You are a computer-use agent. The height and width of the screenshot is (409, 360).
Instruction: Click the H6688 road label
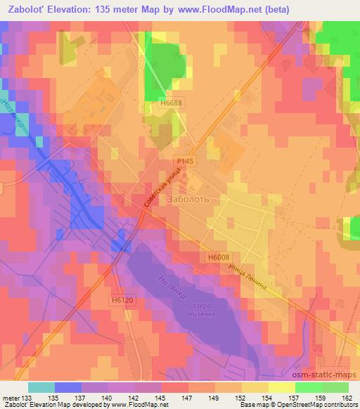pos(170,102)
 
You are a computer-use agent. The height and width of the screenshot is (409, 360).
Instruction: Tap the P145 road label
pos(184,162)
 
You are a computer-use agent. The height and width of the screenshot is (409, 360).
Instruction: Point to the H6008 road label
pos(219,258)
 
